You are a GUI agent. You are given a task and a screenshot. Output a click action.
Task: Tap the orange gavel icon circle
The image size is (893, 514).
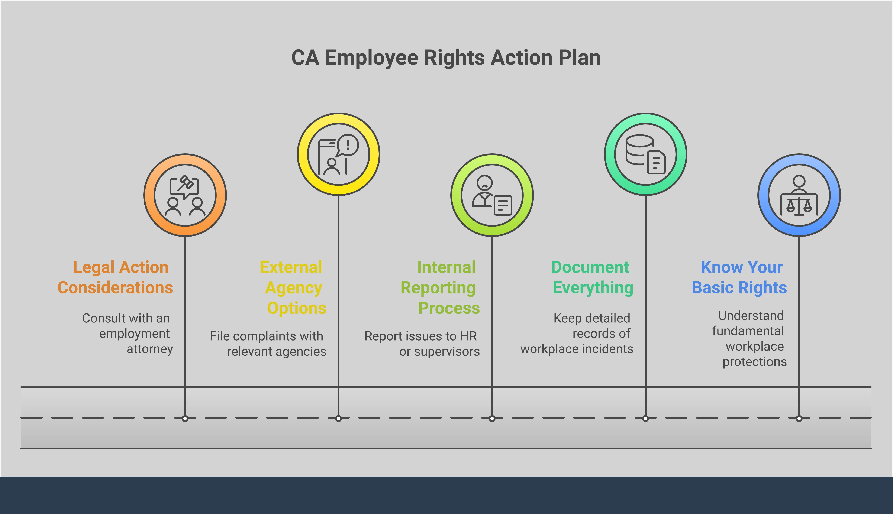tap(185, 195)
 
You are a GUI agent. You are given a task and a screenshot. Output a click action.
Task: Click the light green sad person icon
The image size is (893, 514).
tap(492, 195)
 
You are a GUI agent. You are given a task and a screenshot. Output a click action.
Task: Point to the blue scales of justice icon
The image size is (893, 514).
tap(799, 195)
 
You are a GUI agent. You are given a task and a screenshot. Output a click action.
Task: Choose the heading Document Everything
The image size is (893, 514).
tap(592, 277)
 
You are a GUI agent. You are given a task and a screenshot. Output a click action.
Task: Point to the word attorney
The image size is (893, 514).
tap(150, 349)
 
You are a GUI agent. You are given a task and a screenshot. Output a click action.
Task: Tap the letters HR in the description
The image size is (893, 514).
tap(468, 336)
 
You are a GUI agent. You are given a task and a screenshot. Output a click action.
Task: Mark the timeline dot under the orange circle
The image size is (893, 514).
tap(185, 418)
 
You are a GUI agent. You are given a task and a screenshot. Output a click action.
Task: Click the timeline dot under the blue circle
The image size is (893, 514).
tap(799, 418)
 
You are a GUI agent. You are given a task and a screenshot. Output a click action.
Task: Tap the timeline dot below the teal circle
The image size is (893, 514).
tap(645, 418)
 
